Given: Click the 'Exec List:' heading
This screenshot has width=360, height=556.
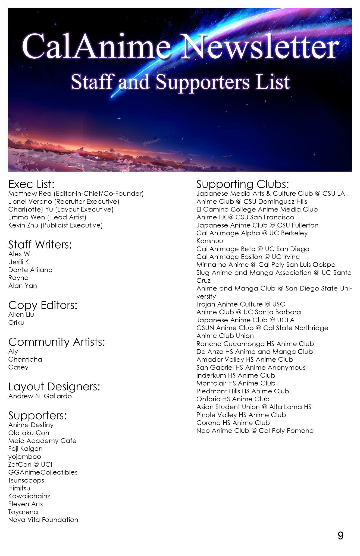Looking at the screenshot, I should point(32,184).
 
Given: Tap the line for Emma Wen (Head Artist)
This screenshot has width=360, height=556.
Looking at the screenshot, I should point(47,217).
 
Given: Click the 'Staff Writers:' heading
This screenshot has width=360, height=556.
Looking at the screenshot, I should point(40,245).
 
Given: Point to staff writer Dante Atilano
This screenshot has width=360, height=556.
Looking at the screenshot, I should point(30,270).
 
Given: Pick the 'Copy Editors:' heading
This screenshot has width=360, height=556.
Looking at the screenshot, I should point(43,305).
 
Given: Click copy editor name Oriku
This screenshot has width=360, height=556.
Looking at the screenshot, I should point(16,323).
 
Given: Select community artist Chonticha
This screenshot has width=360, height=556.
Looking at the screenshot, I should point(25,359).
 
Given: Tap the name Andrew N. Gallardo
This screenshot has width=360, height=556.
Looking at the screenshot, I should point(40,396).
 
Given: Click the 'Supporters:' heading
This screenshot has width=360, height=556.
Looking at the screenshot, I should point(37,415).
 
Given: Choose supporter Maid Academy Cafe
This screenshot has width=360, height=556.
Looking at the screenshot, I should point(42,441).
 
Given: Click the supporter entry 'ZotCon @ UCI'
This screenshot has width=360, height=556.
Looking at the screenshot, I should point(30,465).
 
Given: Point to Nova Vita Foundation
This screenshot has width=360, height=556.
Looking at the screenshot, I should point(43,520).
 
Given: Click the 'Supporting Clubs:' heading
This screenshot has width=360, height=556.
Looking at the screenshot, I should point(242,184).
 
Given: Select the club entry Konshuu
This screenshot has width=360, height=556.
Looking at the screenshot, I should point(209,241).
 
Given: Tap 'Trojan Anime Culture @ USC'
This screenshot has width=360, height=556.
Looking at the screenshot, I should point(240,304).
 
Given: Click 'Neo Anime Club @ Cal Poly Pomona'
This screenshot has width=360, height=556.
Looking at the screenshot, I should point(255,431).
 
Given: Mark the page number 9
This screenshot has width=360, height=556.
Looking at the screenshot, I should point(340,536).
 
